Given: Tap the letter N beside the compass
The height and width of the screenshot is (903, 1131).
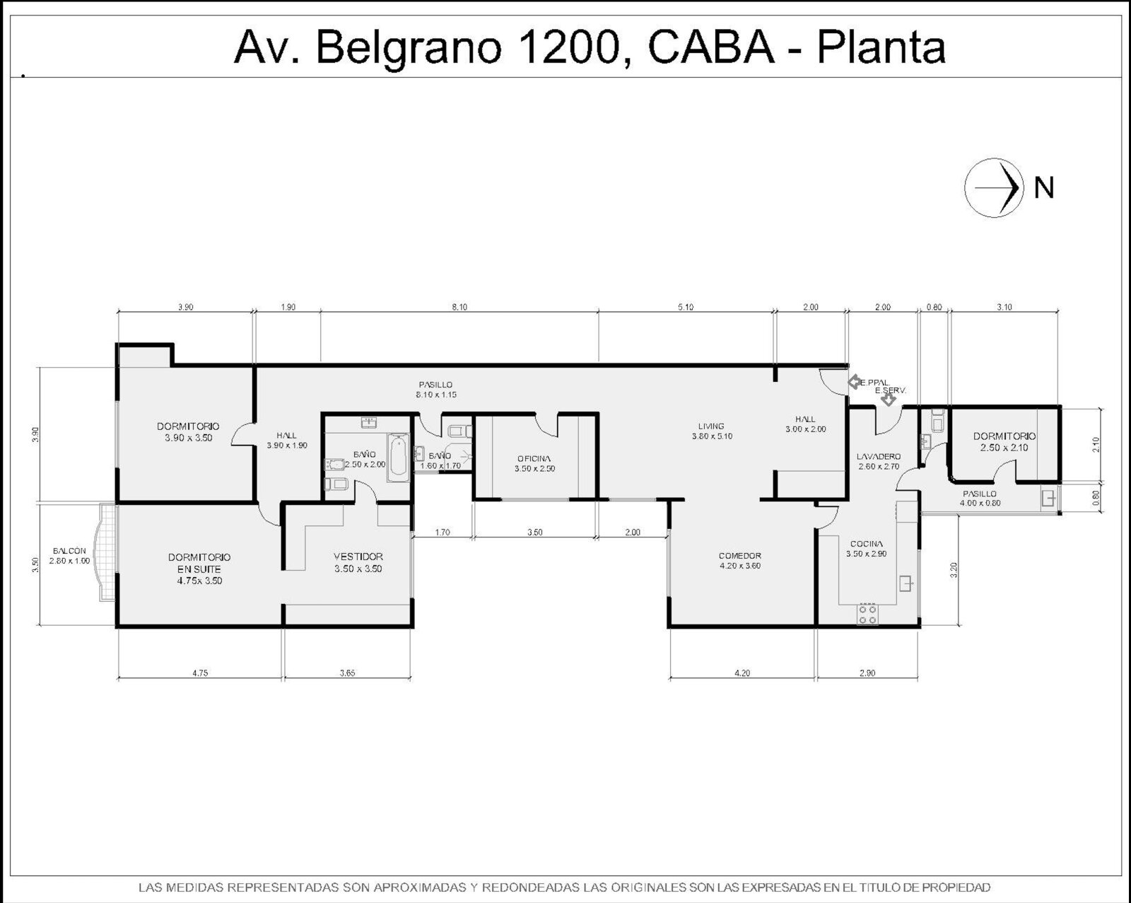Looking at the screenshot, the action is click(x=1044, y=188).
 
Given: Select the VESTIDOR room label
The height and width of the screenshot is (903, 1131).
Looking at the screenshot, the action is click(x=358, y=557).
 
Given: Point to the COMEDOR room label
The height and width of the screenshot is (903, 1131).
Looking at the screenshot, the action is click(x=740, y=555).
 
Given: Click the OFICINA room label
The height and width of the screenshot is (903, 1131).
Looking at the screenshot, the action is click(x=534, y=459).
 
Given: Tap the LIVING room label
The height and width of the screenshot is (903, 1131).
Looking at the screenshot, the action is click(x=711, y=426).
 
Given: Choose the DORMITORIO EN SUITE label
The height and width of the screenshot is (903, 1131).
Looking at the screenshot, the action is click(x=199, y=563).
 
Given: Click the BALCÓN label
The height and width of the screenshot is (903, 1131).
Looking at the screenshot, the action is click(x=69, y=551).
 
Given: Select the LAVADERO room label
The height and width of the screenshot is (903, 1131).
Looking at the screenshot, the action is click(x=878, y=457).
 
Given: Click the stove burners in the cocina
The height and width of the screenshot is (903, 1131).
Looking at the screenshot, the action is click(x=867, y=614).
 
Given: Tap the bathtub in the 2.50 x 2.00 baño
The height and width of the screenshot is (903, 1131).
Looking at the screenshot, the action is click(x=399, y=457).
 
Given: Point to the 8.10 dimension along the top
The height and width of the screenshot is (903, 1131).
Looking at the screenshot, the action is click(x=459, y=307).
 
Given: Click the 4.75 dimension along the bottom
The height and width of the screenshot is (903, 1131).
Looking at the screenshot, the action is click(x=200, y=672).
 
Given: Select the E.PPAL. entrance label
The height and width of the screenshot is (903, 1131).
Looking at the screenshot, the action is click(x=874, y=383).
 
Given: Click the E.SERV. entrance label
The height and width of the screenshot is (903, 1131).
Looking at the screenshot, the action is click(x=890, y=391).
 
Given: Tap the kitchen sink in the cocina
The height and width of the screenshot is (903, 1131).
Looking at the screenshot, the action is click(x=906, y=584).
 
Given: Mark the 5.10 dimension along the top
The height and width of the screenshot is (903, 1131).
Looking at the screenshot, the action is click(x=686, y=307).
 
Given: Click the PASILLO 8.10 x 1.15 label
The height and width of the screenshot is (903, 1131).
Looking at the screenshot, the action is click(x=435, y=390).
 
